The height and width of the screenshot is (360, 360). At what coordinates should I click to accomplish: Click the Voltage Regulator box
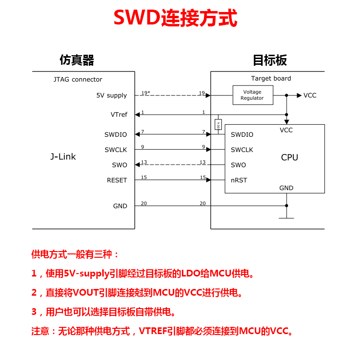click(x=252, y=95)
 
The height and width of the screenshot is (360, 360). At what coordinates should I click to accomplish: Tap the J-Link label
click(x=63, y=157)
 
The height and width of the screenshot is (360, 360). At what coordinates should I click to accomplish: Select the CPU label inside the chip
click(x=289, y=157)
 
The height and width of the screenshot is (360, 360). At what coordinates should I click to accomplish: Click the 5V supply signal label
click(x=111, y=96)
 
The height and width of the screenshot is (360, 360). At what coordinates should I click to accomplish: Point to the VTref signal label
click(x=119, y=115)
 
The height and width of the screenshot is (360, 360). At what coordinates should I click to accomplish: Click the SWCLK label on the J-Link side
click(x=116, y=150)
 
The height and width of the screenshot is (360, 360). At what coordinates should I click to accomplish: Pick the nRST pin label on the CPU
click(x=239, y=180)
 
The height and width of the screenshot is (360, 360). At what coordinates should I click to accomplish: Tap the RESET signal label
click(x=117, y=180)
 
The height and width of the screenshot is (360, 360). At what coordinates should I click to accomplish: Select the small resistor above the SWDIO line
click(x=218, y=125)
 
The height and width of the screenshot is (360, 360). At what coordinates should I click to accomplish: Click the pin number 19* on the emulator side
click(x=145, y=93)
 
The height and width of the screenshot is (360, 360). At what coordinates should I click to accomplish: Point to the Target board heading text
click(x=271, y=78)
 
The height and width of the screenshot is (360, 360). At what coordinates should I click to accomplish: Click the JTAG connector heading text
click(x=78, y=80)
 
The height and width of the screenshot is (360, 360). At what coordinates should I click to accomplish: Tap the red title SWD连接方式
click(x=176, y=19)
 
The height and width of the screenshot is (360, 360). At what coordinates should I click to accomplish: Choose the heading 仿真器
click(x=77, y=60)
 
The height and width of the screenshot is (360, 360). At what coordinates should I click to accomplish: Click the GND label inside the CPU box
click(x=286, y=188)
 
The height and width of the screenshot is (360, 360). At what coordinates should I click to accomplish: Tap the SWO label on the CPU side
click(x=238, y=165)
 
